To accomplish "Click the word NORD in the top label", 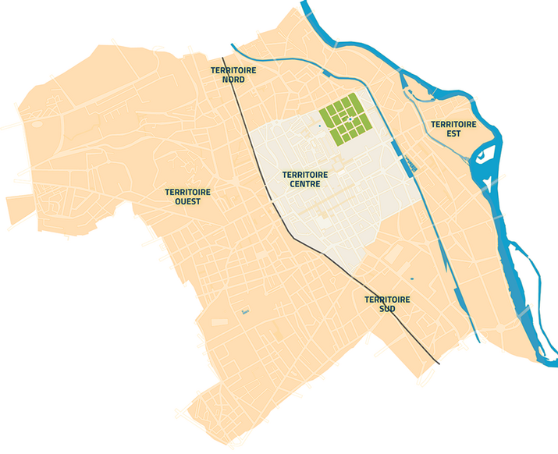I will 233,80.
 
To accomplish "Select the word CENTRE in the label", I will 304,184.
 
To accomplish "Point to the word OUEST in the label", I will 188,201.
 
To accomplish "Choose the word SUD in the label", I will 386,309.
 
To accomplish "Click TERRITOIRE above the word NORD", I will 233,70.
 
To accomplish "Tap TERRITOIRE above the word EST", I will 453,124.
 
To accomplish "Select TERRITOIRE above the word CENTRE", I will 304,174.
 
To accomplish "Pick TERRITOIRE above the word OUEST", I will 188,191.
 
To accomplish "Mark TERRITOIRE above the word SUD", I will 387,299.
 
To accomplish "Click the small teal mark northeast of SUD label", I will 412,278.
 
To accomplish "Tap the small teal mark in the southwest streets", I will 243,313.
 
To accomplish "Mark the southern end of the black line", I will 439,364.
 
